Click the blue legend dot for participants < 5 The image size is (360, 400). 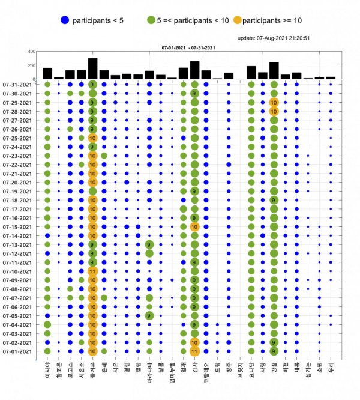(x=65, y=20)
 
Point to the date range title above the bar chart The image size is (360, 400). (x=185, y=47)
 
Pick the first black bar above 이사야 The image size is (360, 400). (x=47, y=73)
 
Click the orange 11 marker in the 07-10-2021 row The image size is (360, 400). (x=92, y=271)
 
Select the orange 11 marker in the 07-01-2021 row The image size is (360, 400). (x=194, y=351)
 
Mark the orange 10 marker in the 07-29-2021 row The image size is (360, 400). (x=274, y=103)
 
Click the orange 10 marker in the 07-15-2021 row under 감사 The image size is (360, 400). (x=194, y=227)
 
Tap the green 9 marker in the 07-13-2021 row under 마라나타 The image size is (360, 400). (x=149, y=245)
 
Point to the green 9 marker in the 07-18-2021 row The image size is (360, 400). (x=274, y=200)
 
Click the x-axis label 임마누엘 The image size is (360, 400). (x=172, y=375)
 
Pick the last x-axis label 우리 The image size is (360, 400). (x=331, y=367)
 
